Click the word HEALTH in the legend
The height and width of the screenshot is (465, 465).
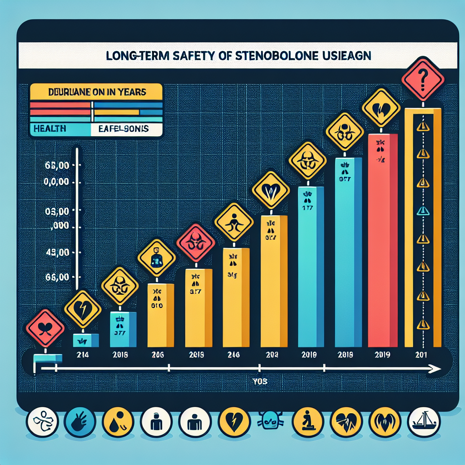pyautogui.click(x=49, y=129)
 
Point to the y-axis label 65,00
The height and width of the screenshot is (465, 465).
pyautogui.click(x=58, y=166)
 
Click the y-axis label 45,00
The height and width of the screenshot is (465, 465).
pyautogui.click(x=58, y=252)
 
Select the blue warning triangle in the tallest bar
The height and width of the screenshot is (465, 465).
pyautogui.click(x=423, y=210)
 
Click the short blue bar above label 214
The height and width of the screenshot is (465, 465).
pyautogui.click(x=86, y=340)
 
